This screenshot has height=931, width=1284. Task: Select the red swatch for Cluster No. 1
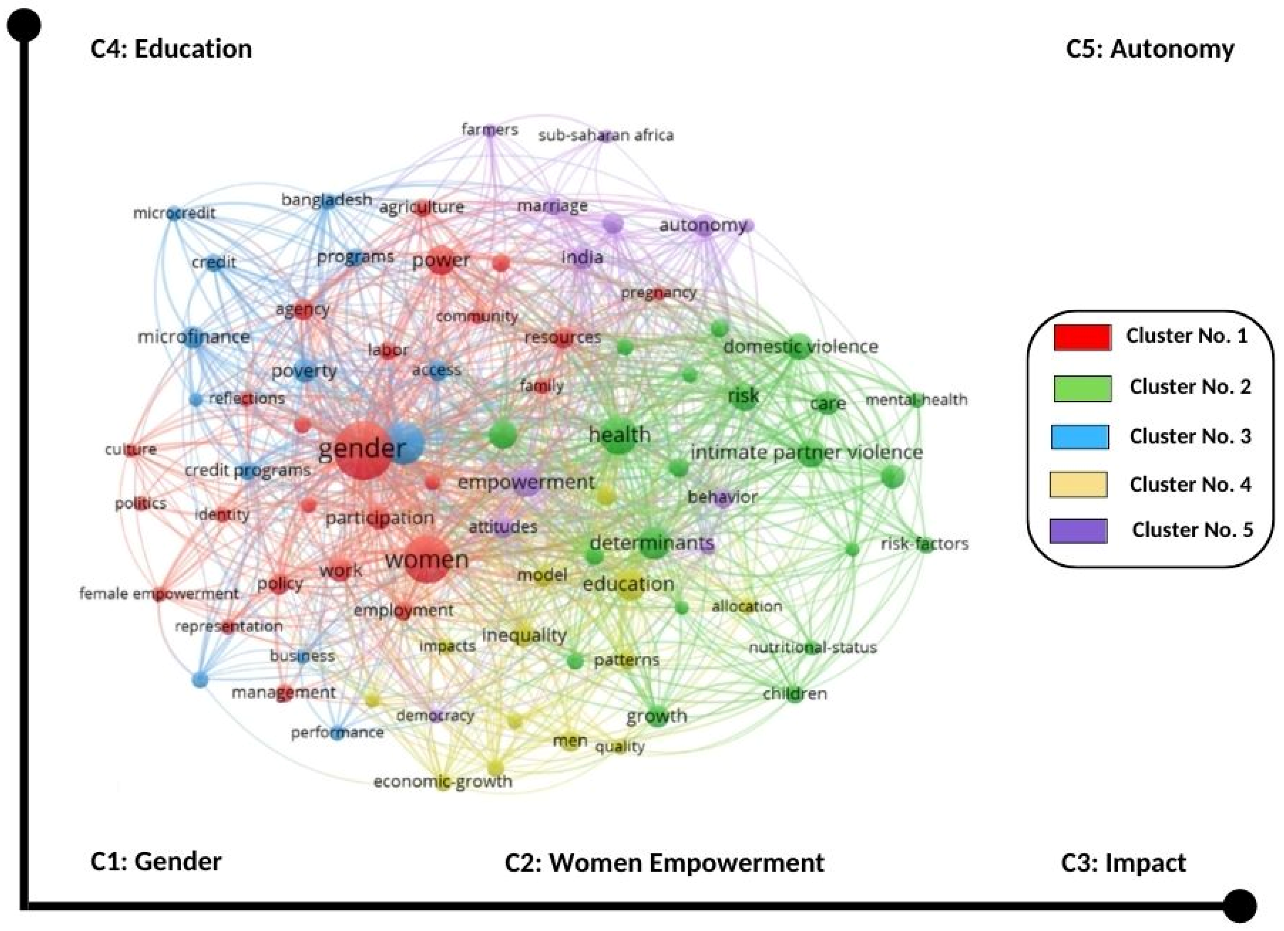pyautogui.click(x=1081, y=337)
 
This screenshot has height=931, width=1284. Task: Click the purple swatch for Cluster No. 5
pyautogui.click(x=1078, y=531)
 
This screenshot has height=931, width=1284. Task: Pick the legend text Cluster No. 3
pyautogui.click(x=1190, y=436)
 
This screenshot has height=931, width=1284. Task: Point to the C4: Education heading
pyautogui.click(x=171, y=49)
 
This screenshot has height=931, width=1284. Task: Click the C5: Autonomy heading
pyautogui.click(x=1150, y=49)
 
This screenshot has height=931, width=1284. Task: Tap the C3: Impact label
pyautogui.click(x=1123, y=862)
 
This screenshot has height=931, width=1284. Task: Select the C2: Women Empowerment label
pyautogui.click(x=664, y=862)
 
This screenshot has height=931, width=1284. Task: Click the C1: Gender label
pyautogui.click(x=156, y=861)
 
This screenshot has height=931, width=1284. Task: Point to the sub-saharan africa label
pyautogui.click(x=606, y=135)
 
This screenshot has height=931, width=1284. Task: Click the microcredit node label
pyautogui.click(x=174, y=213)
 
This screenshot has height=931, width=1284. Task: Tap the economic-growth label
pyautogui.click(x=443, y=782)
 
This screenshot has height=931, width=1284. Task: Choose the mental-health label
pyautogui.click(x=916, y=400)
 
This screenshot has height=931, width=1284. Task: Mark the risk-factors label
pyautogui.click(x=925, y=544)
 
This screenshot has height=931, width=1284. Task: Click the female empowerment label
pyautogui.click(x=158, y=593)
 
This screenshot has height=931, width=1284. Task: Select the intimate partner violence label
pyautogui.click(x=806, y=452)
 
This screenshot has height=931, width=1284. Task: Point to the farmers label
pyautogui.click(x=490, y=130)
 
